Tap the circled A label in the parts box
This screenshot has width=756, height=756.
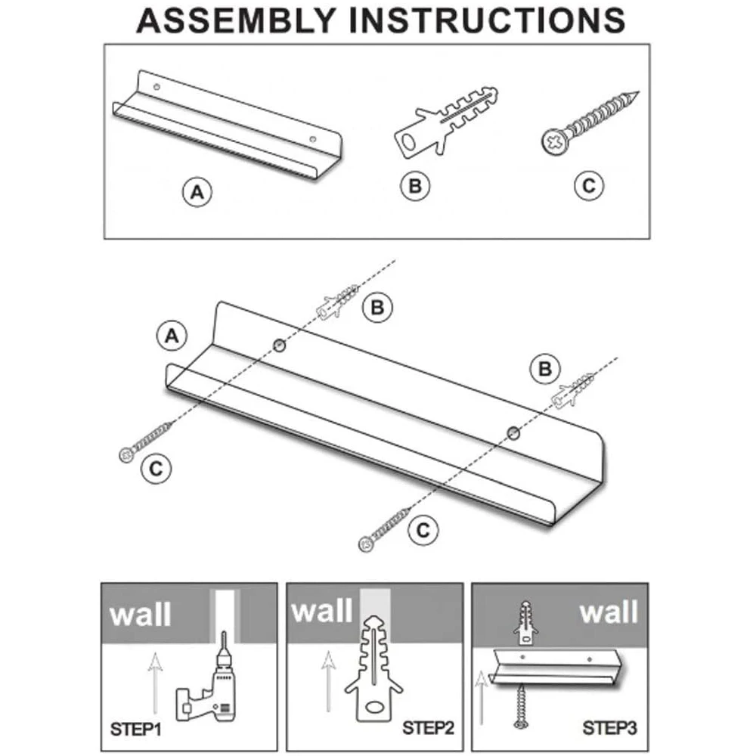tap(197, 192)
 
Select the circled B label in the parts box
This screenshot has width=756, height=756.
tap(414, 186)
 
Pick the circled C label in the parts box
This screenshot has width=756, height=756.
tap(589, 186)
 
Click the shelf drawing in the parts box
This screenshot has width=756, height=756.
tap(227, 125)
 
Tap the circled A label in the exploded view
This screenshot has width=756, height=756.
tap(172, 335)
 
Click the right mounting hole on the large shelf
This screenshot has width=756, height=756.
tap(513, 433)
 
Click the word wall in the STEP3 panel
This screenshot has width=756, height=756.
tap(609, 612)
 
